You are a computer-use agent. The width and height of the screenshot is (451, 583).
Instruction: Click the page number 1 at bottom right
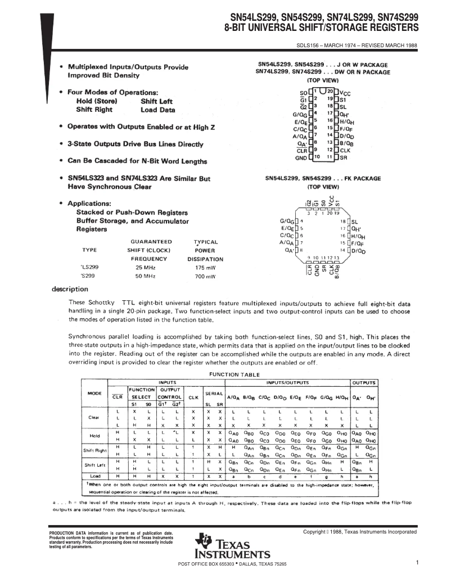(x=418, y=562)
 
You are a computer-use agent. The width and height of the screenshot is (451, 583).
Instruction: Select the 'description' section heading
(x=70, y=290)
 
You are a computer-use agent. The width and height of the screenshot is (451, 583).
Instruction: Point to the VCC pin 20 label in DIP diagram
(x=344, y=91)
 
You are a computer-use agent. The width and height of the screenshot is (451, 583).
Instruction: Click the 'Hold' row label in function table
(x=94, y=435)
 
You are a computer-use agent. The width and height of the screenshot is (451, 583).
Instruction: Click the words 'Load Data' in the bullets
(x=157, y=110)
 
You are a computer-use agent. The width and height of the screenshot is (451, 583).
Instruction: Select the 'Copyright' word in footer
(x=316, y=532)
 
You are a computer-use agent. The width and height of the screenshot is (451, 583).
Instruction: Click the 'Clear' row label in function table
(x=94, y=418)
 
